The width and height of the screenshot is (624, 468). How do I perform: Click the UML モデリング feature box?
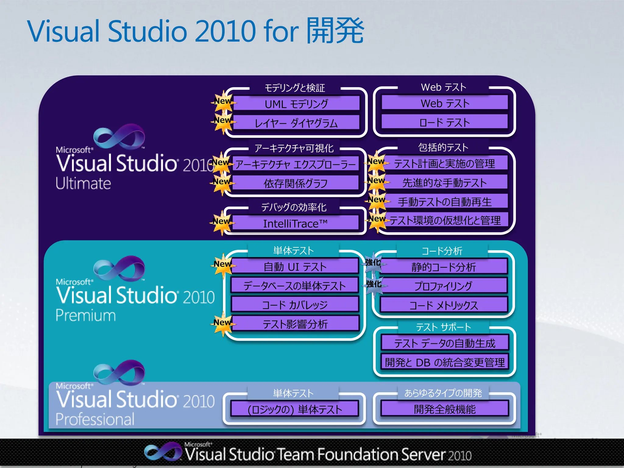click(296, 104)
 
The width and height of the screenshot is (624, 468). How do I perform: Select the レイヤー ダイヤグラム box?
click(296, 123)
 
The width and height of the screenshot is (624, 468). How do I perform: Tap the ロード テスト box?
click(445, 122)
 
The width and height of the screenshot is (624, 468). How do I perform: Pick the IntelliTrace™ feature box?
click(295, 223)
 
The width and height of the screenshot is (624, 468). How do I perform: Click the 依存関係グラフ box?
click(295, 183)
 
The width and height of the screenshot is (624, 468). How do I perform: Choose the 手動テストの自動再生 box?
click(445, 201)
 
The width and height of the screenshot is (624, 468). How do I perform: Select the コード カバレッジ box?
click(295, 304)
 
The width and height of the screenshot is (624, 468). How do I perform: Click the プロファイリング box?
click(443, 285)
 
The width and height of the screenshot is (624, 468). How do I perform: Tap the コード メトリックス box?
click(443, 305)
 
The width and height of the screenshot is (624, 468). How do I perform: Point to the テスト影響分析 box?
click(295, 324)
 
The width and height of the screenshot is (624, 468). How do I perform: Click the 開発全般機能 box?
click(445, 409)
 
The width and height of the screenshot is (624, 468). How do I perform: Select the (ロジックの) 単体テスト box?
click(295, 409)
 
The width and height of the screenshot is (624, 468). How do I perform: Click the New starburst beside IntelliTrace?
click(222, 222)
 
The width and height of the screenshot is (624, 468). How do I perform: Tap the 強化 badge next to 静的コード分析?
click(373, 262)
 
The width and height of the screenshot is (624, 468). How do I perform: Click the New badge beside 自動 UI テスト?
click(222, 264)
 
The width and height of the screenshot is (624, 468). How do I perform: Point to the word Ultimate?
click(83, 183)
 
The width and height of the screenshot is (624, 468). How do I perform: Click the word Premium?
click(86, 315)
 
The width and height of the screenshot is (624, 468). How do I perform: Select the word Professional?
click(95, 419)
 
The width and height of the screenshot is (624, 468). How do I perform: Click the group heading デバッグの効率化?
click(294, 207)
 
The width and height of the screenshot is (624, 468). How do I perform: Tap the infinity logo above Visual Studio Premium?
click(119, 268)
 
